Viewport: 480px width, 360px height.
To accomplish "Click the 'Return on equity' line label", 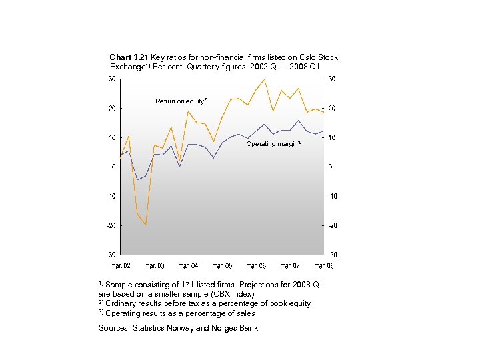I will (181, 101).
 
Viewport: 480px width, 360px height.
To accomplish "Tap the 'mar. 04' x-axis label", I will (189, 266).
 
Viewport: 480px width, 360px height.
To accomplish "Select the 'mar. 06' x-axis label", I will (257, 266).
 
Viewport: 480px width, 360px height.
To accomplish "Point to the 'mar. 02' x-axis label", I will (121, 266).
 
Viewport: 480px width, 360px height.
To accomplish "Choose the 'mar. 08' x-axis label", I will (324, 266).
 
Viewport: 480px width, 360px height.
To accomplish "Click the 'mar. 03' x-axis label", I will (154, 266).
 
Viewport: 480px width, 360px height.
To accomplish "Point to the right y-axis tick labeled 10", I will (332, 137).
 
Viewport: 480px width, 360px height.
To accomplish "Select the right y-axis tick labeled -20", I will (333, 225).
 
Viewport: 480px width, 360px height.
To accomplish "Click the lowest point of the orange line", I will (145, 225).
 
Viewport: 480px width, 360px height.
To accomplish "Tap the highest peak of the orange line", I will (265, 79).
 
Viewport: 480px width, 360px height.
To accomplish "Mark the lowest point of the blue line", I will (137, 179).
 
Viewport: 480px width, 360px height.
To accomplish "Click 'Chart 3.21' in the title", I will (129, 58).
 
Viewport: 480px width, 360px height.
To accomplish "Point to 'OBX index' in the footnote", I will (232, 294).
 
